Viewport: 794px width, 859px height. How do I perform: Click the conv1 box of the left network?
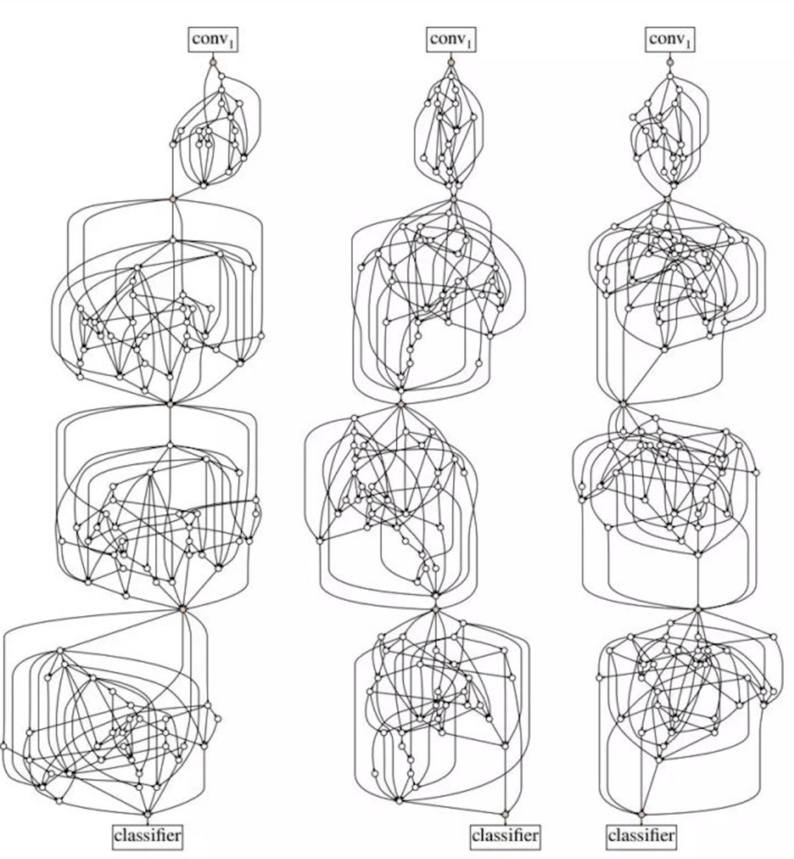click(214, 39)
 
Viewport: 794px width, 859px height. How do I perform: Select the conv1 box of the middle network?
click(452, 39)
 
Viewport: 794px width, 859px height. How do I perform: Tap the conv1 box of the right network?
click(670, 39)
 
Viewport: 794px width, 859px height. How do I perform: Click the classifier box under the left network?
click(148, 836)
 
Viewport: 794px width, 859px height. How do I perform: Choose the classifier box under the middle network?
click(504, 836)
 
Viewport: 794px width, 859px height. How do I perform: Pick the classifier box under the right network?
click(641, 836)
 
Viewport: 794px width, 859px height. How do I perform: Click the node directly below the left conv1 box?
click(214, 62)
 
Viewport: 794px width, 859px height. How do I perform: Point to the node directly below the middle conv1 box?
click(452, 62)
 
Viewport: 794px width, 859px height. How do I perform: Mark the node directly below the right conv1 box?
click(670, 62)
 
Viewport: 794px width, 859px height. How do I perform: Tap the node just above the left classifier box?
click(148, 815)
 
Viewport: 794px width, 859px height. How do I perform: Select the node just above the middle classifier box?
click(504, 815)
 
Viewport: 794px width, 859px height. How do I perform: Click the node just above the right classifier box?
click(640, 815)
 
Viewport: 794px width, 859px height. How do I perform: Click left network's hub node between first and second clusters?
click(173, 200)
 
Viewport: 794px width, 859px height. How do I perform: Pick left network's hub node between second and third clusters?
click(170, 403)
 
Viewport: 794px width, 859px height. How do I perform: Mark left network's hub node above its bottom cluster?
click(183, 609)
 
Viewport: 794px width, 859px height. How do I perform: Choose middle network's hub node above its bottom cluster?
click(436, 609)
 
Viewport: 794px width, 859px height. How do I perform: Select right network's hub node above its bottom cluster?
click(698, 609)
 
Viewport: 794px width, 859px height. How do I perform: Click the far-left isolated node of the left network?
click(3, 746)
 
